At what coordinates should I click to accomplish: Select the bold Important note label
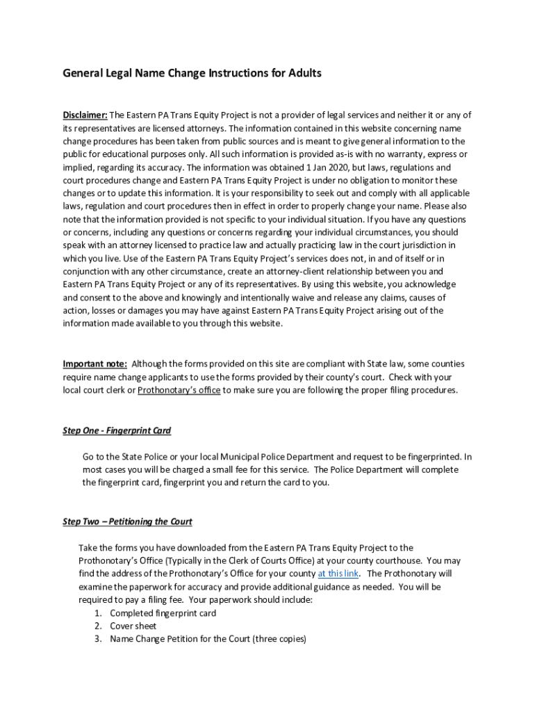94,364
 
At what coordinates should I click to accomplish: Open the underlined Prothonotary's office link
179,390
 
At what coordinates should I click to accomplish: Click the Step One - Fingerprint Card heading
117,431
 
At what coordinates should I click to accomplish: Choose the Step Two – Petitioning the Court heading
127,521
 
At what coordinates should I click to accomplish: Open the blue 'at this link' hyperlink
338,574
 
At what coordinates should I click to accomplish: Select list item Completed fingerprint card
163,613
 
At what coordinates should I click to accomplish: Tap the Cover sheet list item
133,626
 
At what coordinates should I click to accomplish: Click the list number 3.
98,639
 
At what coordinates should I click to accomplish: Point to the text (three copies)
279,639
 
